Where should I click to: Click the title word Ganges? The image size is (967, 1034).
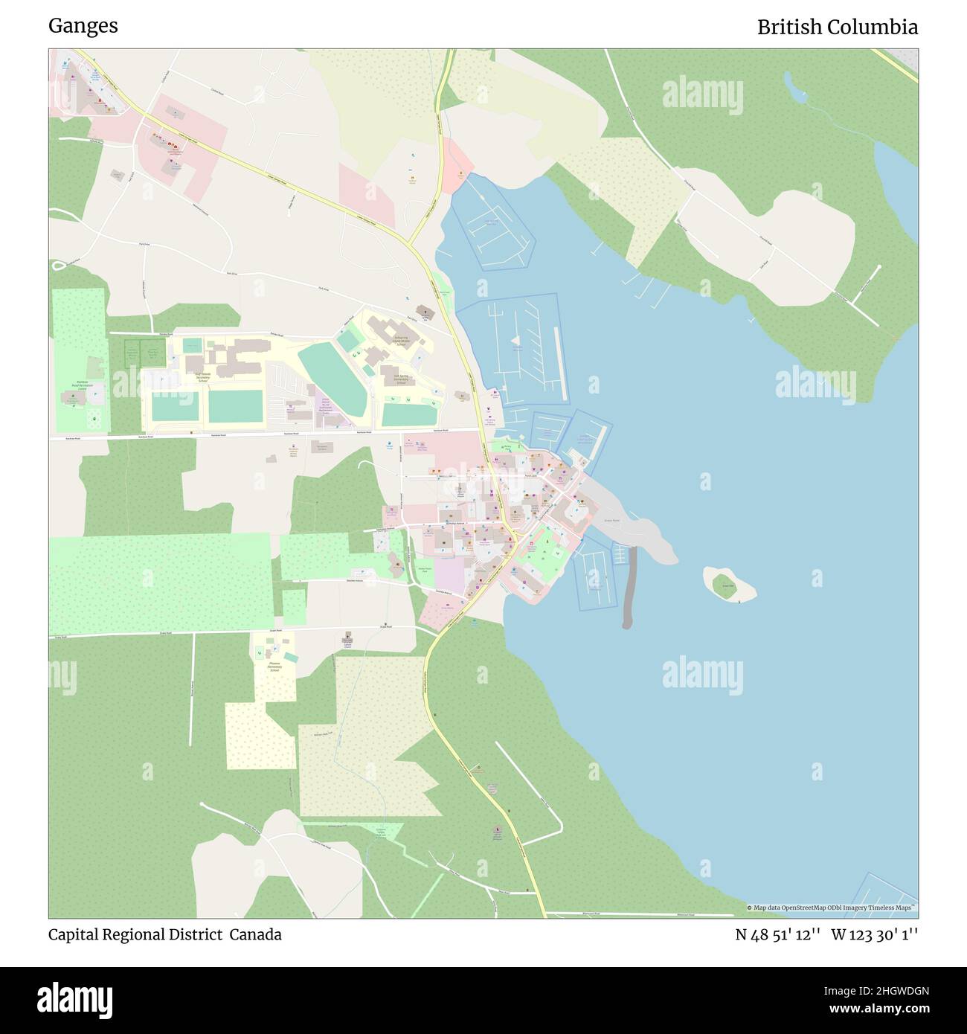click(x=83, y=26)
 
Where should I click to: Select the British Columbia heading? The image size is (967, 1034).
click(x=837, y=28)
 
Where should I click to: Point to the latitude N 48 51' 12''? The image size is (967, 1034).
click(x=777, y=935)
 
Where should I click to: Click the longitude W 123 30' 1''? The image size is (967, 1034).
click(x=875, y=935)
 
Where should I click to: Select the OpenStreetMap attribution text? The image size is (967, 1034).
click(x=832, y=908)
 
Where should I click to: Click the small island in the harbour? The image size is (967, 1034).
click(x=728, y=584)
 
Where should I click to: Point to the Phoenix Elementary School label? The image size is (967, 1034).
click(x=273, y=666)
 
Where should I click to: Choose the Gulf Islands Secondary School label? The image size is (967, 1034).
click(x=202, y=377)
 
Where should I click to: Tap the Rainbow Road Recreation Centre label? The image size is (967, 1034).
click(x=80, y=385)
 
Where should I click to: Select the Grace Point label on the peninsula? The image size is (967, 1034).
click(x=611, y=521)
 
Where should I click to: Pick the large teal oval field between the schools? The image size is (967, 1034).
click(x=333, y=379)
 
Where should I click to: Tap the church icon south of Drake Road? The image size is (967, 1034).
click(x=347, y=638)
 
